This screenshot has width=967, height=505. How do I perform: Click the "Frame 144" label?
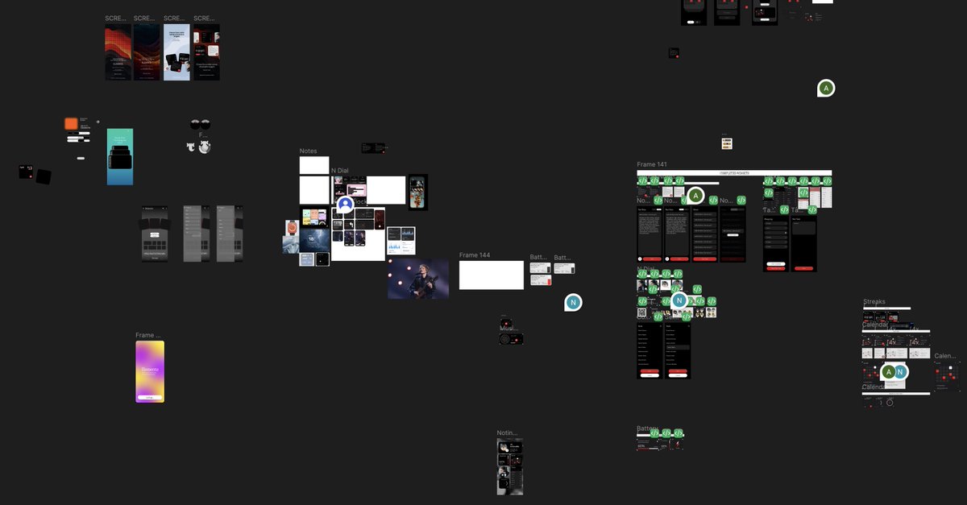pyautogui.click(x=475, y=255)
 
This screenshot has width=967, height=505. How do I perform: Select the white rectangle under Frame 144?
pyautogui.click(x=491, y=275)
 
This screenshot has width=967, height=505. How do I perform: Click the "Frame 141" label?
pyautogui.click(x=652, y=164)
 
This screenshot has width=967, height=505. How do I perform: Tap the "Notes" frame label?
pyautogui.click(x=308, y=151)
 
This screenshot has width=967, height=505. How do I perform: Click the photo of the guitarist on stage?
pyautogui.click(x=418, y=279)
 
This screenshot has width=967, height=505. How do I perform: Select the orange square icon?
pyautogui.click(x=71, y=123)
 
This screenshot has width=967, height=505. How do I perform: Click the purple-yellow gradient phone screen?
pyautogui.click(x=150, y=371)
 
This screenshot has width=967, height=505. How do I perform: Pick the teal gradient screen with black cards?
pyautogui.click(x=120, y=156)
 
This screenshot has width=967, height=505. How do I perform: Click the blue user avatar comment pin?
pyautogui.click(x=346, y=205)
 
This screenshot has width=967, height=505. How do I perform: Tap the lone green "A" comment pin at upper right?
pyautogui.click(x=825, y=88)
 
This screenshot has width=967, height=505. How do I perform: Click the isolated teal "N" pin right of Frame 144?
pyautogui.click(x=573, y=302)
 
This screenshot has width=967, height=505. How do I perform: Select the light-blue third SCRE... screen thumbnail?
pyautogui.click(x=177, y=52)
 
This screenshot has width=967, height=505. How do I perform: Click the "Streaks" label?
pyautogui.click(x=874, y=302)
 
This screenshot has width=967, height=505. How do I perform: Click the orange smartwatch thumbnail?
pyautogui.click(x=292, y=228)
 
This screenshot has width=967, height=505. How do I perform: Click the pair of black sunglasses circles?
pyautogui.click(x=201, y=125)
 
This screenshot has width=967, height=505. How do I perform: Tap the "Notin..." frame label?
pyautogui.click(x=507, y=433)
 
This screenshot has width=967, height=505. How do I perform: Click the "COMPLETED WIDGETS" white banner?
pyautogui.click(x=733, y=172)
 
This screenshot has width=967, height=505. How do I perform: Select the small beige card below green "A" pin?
pyautogui.click(x=727, y=143)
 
